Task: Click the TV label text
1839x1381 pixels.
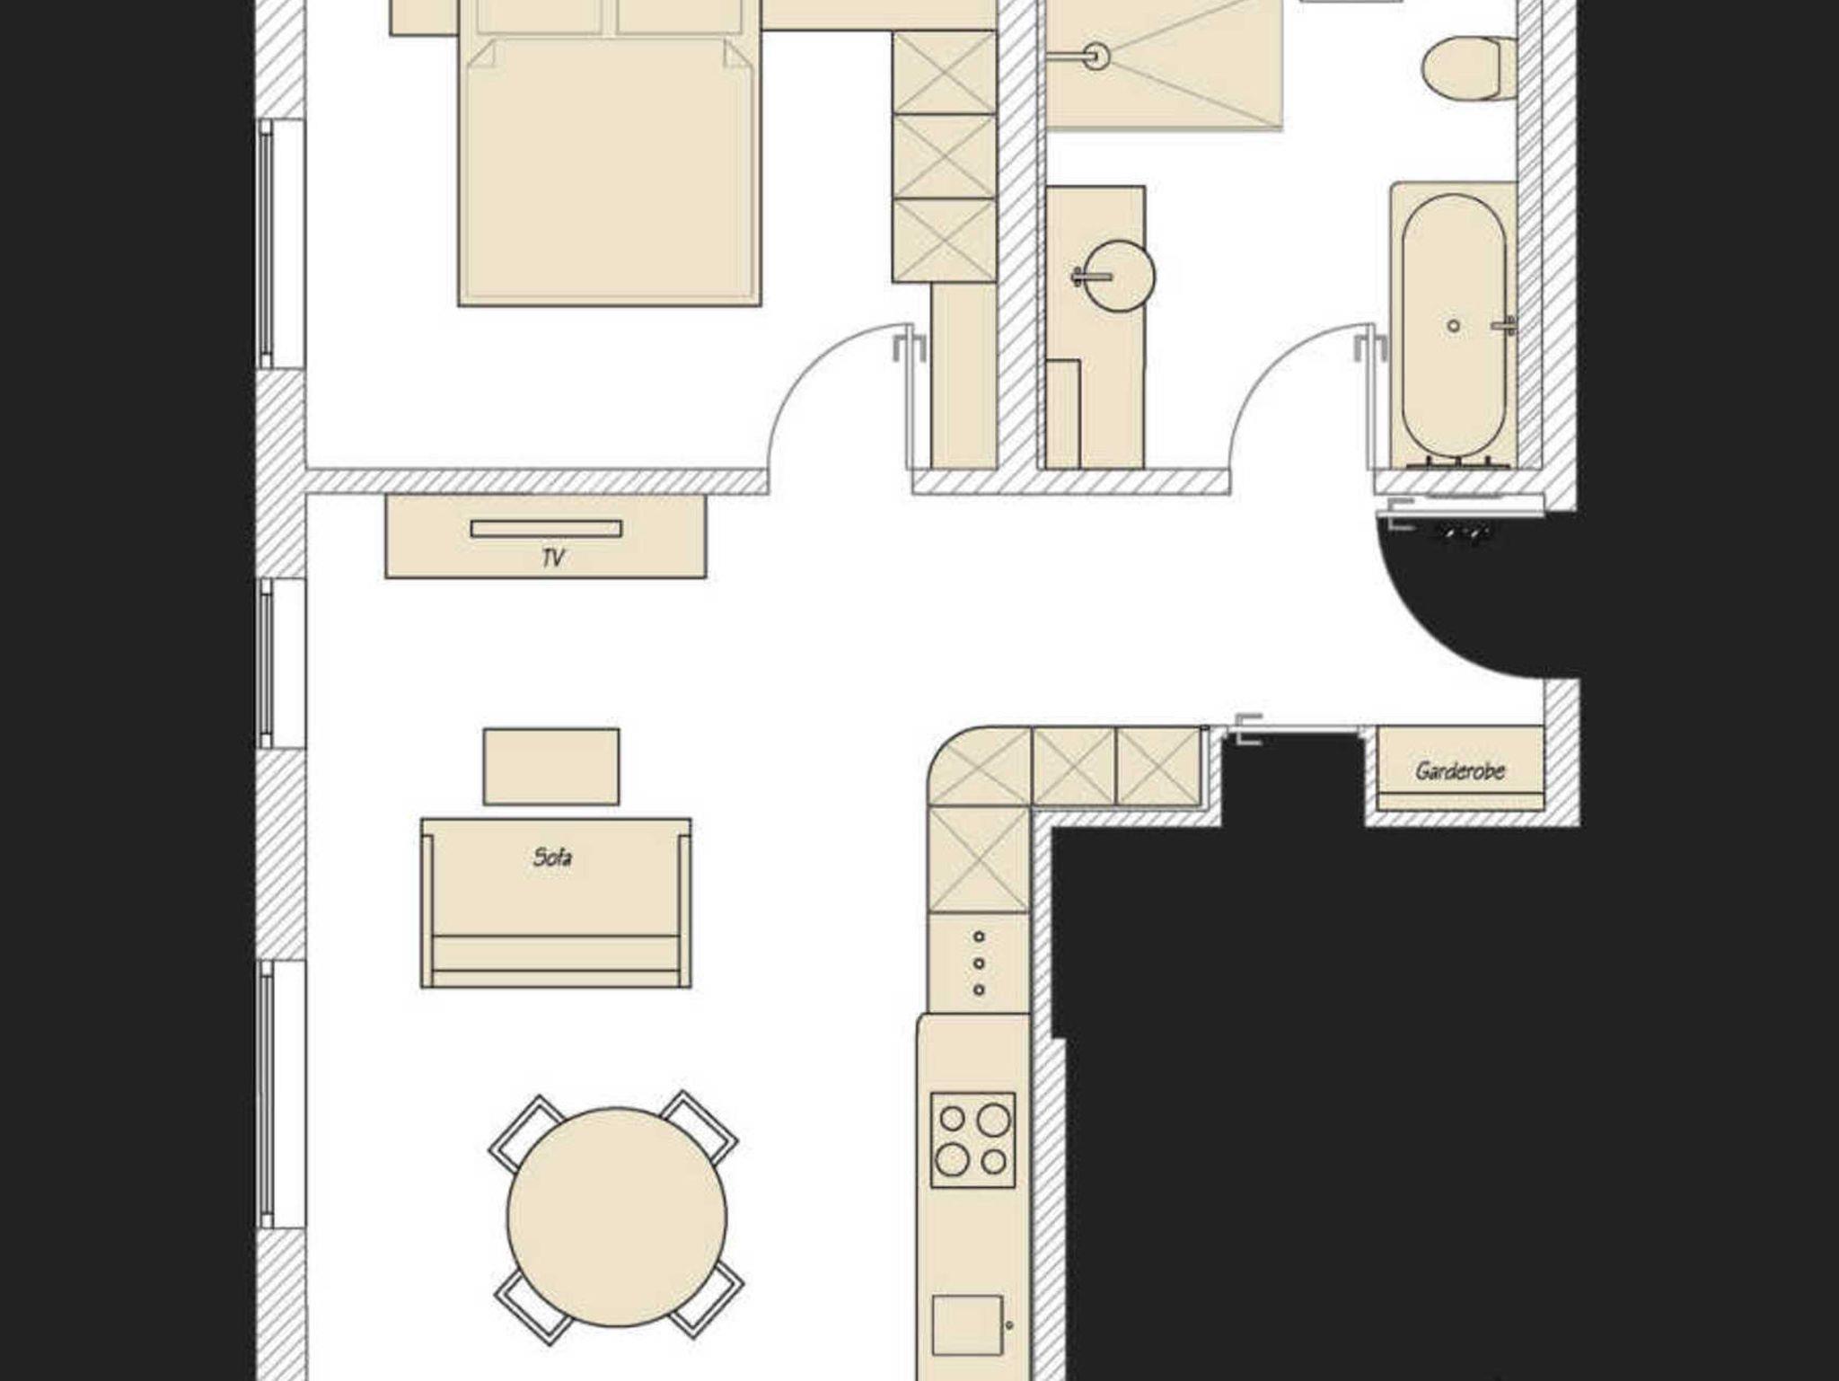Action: point(553,558)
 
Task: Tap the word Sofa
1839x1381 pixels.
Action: point(552,858)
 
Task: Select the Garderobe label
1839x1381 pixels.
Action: point(1460,770)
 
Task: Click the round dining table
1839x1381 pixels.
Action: point(617,1217)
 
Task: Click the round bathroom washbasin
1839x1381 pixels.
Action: point(1118,277)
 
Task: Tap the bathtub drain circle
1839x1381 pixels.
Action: point(1454,326)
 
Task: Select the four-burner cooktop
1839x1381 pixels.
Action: point(973,1140)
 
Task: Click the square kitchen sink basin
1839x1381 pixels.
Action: point(967,1324)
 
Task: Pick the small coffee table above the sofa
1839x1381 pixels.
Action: point(551,766)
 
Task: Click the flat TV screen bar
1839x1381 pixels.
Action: point(546,529)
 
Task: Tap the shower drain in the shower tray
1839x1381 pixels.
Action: point(1095,57)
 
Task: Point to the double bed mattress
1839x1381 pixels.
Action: point(609,171)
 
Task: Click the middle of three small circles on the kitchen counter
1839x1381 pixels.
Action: point(979,963)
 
